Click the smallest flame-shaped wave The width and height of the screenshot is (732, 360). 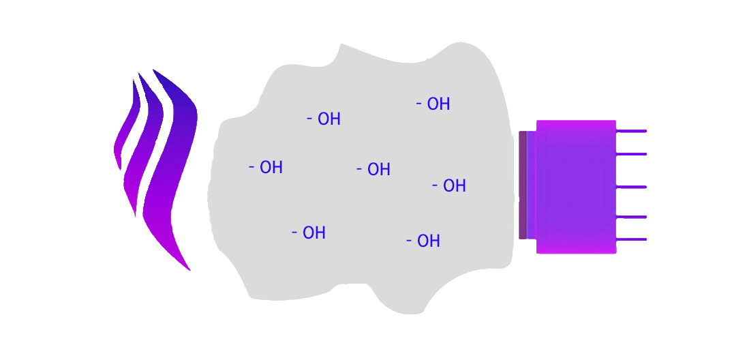pyautogui.click(x=127, y=130)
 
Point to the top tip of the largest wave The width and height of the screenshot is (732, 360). pyautogui.click(x=154, y=70)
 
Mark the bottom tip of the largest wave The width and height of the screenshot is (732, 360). pyautogui.click(x=189, y=270)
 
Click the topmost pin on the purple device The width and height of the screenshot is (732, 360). pyautogui.click(x=631, y=131)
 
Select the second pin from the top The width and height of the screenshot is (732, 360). pyautogui.click(x=631, y=154)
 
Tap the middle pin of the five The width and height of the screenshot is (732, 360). pyautogui.click(x=631, y=187)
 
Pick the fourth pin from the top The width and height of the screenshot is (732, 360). pyautogui.click(x=631, y=217)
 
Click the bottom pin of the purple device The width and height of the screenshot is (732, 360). pyautogui.click(x=631, y=239)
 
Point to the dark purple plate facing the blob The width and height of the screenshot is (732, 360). pyautogui.click(x=523, y=185)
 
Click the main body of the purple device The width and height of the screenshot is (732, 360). pyautogui.click(x=576, y=187)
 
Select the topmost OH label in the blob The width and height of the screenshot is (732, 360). pyautogui.click(x=433, y=104)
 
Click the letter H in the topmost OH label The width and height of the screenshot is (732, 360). pyautogui.click(x=444, y=104)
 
